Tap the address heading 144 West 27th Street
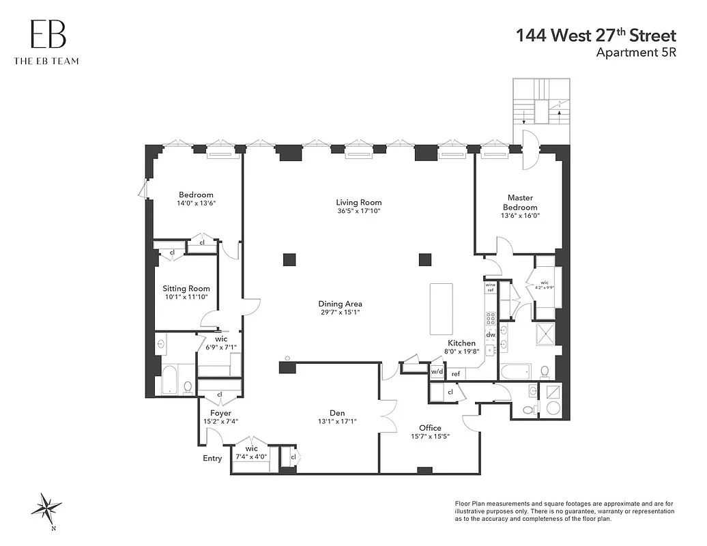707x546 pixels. point(596,35)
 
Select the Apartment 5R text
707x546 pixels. point(636,53)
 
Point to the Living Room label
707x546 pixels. point(358,202)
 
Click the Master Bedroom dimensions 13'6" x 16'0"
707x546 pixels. point(520,216)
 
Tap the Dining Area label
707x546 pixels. point(340,304)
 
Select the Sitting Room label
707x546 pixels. point(186,289)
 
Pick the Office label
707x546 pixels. point(430,428)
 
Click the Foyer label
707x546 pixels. point(220,413)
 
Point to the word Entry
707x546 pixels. point(212,458)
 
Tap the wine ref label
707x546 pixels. point(490,288)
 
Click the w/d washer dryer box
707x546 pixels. point(437,371)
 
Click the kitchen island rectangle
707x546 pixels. point(441,308)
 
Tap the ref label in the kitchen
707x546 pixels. point(456,373)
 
